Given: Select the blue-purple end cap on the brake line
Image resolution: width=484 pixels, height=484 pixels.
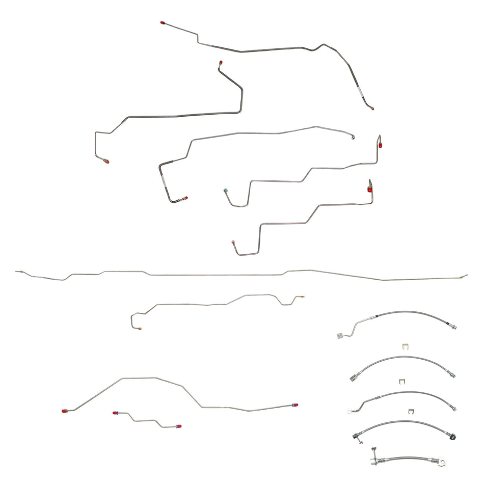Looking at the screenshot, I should pos(354,137).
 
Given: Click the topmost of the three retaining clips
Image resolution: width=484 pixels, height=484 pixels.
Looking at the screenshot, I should pos(405,347).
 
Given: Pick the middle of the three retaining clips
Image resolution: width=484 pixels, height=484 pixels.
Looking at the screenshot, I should pos(402,381).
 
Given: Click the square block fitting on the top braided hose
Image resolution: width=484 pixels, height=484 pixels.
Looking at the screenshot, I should pos(339,335).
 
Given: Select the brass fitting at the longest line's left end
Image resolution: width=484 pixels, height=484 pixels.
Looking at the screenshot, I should pos(19,272).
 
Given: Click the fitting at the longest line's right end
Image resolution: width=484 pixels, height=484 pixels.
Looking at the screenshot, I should pos(464,276).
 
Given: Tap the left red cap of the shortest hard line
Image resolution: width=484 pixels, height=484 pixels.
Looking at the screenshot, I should pos(116,413).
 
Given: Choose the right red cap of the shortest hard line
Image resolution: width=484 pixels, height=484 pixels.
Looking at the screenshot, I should pos(178,426).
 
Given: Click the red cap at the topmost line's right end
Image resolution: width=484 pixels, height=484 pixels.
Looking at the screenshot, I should pos(372,108).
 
